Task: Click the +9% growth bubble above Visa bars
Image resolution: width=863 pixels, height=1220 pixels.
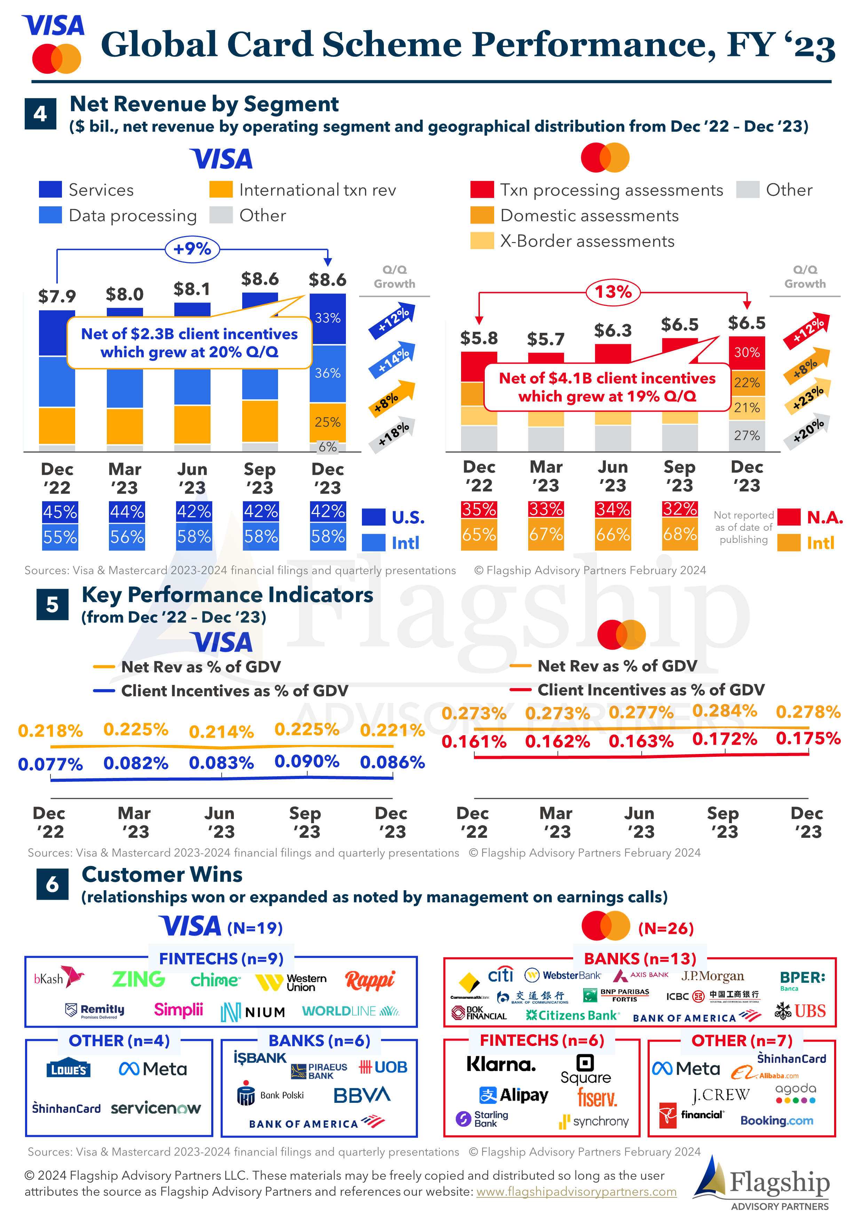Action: [192, 249]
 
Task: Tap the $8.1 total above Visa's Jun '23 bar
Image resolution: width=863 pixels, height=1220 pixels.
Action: [192, 289]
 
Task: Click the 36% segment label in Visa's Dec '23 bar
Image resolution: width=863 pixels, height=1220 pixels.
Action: [327, 373]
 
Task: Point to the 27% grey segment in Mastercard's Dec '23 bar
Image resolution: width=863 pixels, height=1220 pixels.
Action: [746, 436]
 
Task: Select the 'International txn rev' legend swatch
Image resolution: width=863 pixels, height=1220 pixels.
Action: [221, 190]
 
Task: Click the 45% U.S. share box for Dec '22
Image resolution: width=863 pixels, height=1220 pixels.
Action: [60, 512]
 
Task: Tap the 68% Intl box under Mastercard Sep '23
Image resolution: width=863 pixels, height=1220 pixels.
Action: [680, 534]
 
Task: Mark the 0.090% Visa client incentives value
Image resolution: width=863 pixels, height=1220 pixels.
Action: [307, 761]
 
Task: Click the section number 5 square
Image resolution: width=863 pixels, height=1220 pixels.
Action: [52, 605]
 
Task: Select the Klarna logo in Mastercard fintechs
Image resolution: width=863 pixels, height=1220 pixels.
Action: [501, 1064]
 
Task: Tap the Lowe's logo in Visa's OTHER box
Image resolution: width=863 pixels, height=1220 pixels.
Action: [69, 1069]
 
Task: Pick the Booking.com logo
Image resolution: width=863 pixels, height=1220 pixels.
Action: [776, 1121]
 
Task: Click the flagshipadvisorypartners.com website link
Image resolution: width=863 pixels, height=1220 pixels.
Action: [576, 1192]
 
